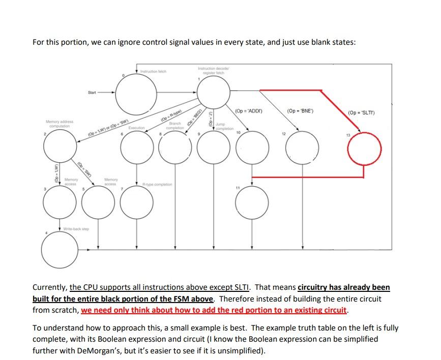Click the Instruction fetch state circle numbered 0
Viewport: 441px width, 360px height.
(136, 93)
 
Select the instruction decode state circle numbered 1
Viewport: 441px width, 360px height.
(214, 93)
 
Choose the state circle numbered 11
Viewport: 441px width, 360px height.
(252, 202)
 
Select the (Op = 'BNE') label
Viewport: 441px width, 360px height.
(300, 110)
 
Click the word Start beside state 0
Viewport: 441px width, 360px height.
(92, 93)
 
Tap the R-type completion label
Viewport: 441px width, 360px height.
(157, 184)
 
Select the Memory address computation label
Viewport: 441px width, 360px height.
(60, 124)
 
